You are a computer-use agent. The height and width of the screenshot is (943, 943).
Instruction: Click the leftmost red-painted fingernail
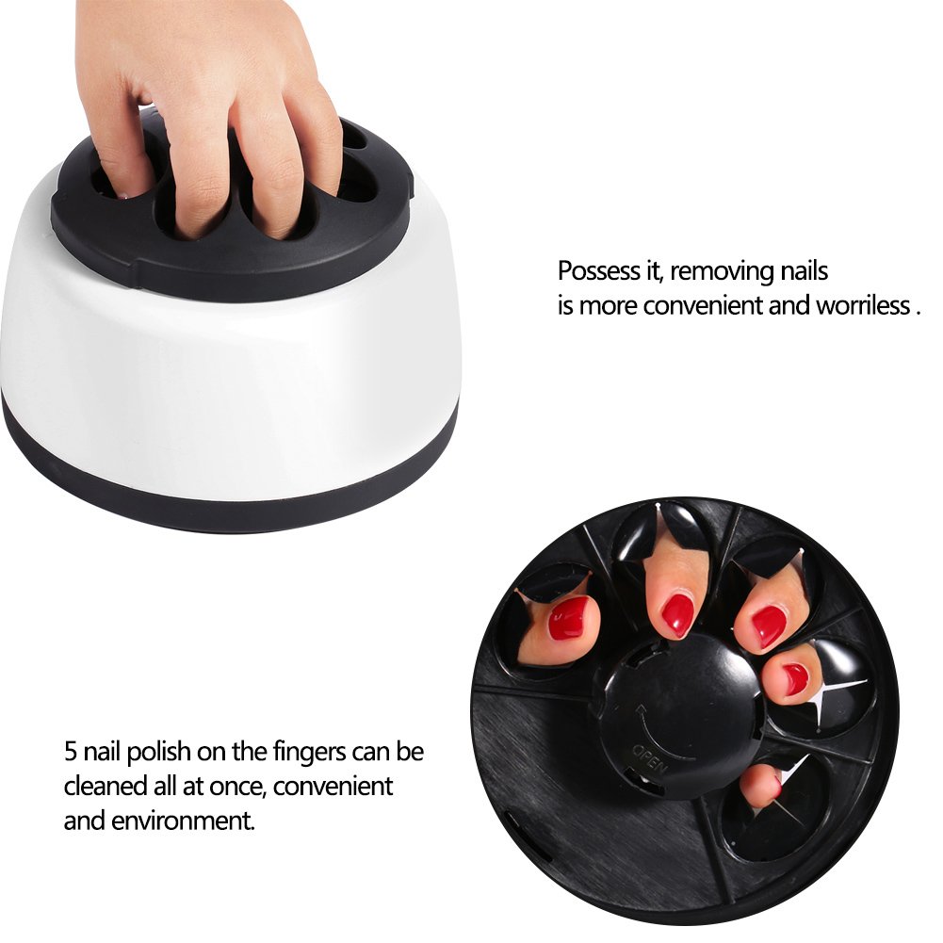click(568, 618)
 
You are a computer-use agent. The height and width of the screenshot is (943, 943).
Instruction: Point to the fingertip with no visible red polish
click(759, 785)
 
